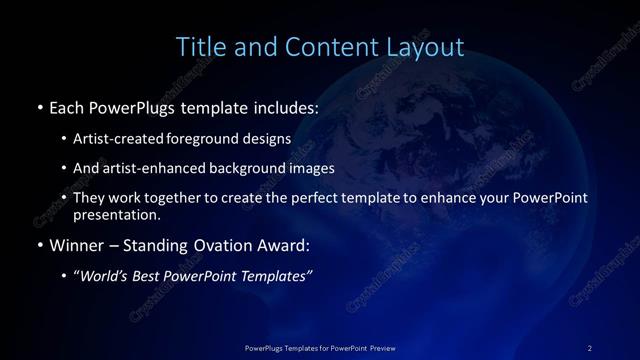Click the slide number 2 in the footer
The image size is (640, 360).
[589, 347]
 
